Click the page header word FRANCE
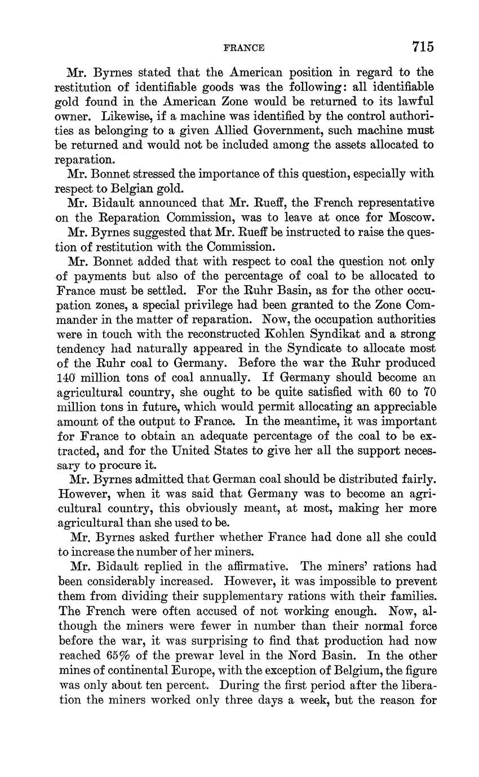tap(244, 48)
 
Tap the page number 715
tap(423, 46)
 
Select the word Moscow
tap(410, 217)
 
